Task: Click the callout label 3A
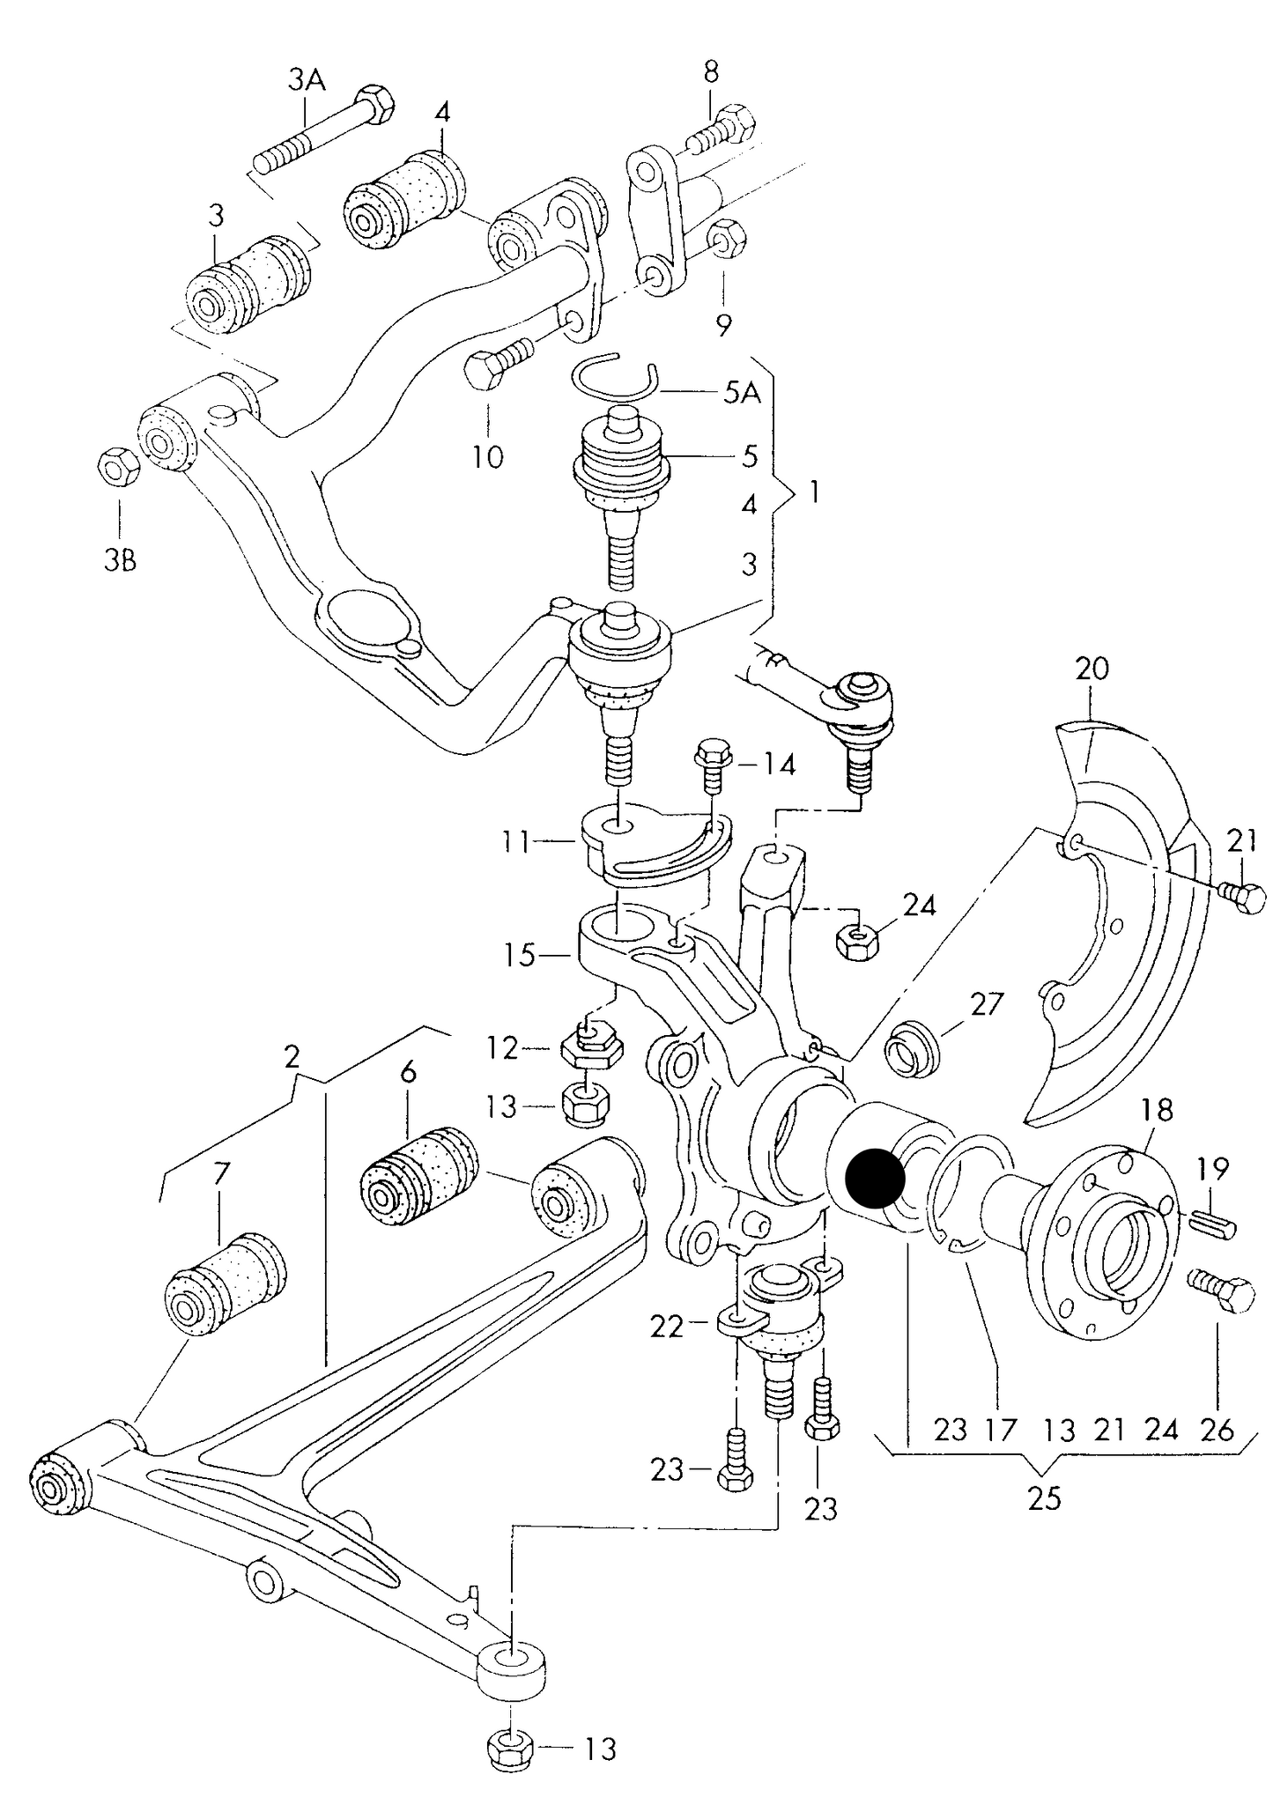(x=307, y=81)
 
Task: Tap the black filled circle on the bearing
(x=874, y=1178)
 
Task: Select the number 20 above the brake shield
(x=1092, y=669)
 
